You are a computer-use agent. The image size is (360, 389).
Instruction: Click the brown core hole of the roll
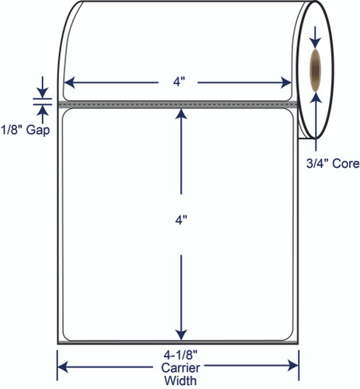point(316,70)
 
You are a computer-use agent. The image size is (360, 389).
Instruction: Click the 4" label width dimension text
point(179,82)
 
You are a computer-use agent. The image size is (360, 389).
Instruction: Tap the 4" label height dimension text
point(181,220)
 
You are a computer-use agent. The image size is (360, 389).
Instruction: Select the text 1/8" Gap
point(25,130)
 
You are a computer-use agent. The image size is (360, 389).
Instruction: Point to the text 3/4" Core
point(333,163)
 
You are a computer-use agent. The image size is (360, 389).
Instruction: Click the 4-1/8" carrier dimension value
point(180,355)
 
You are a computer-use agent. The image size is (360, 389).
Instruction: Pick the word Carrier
point(180,368)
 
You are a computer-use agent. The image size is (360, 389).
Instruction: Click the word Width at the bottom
point(180,380)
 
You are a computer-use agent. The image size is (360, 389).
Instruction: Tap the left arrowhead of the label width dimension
point(69,82)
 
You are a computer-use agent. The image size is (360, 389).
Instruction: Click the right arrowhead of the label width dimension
point(286,82)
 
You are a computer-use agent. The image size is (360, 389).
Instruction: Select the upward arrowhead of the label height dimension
point(181,114)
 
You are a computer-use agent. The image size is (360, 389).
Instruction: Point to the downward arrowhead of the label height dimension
point(181,335)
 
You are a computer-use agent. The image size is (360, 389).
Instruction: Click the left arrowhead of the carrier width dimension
point(62,366)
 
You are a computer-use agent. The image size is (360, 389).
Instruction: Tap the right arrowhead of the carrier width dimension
point(293,366)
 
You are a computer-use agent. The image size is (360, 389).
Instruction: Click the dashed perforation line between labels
point(178,104)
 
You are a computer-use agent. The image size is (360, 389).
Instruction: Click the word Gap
point(38,131)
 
